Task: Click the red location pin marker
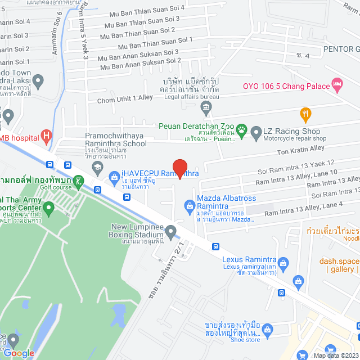(x=179, y=168)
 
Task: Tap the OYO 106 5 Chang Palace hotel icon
(x=337, y=85)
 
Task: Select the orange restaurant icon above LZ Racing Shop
(x=305, y=114)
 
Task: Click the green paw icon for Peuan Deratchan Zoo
(x=241, y=129)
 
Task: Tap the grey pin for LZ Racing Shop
(x=256, y=133)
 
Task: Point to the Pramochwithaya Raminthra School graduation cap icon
(x=97, y=166)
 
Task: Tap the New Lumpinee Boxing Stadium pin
(x=170, y=231)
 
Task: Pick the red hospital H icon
(x=46, y=136)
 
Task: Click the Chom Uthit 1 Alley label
(x=125, y=98)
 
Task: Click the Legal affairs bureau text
(x=191, y=97)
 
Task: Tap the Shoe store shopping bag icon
(x=268, y=329)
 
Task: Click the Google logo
(x=19, y=353)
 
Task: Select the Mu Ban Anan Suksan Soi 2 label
(x=141, y=63)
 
